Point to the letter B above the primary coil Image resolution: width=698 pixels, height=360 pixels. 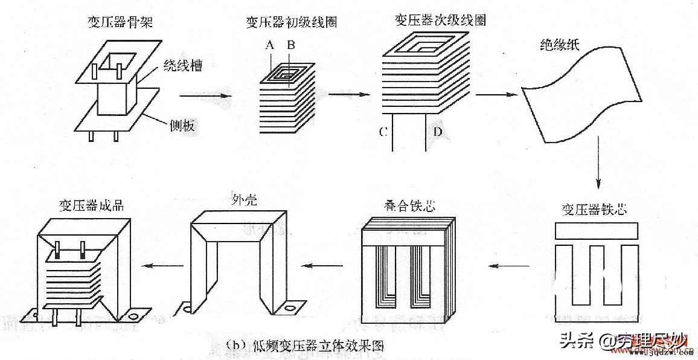pyautogui.click(x=291, y=45)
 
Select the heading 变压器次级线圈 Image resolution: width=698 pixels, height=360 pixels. pyautogui.click(x=440, y=20)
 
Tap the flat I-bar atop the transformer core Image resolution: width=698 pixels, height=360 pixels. pyautogui.click(x=595, y=231)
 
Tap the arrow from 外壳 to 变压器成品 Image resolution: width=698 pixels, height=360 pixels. pyautogui.click(x=166, y=265)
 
